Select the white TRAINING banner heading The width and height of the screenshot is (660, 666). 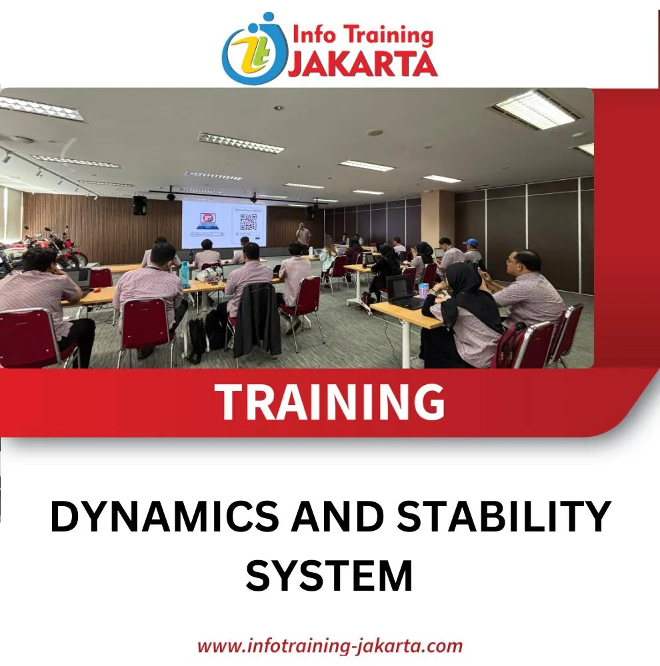pyautogui.click(x=329, y=402)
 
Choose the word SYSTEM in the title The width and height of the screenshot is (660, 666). pyautogui.click(x=329, y=576)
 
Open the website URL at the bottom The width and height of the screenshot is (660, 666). pyautogui.click(x=330, y=646)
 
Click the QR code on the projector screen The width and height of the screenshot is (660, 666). pyautogui.click(x=249, y=222)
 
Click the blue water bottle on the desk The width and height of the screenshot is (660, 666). pyautogui.click(x=184, y=274)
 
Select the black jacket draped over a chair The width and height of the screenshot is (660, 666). pyautogui.click(x=257, y=319)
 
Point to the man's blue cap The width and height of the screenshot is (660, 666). pyautogui.click(x=471, y=242)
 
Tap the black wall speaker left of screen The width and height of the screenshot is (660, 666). pyautogui.click(x=139, y=205)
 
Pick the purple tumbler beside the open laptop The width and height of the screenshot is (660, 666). pyautogui.click(x=423, y=290)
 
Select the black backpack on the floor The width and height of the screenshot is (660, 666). pyautogui.click(x=197, y=340)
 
